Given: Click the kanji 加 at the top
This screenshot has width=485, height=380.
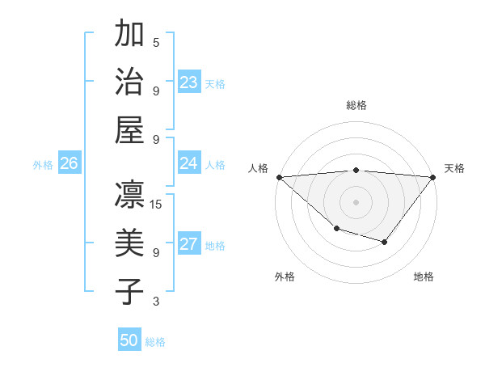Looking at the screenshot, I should pyautogui.click(x=130, y=35).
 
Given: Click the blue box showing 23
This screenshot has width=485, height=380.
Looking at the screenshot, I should pyautogui.click(x=189, y=82).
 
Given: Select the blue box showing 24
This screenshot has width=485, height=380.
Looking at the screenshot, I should pyautogui.click(x=189, y=163).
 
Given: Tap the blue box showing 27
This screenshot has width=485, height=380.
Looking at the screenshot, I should pyautogui.click(x=189, y=244).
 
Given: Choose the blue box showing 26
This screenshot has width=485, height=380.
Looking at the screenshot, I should pyautogui.click(x=69, y=163).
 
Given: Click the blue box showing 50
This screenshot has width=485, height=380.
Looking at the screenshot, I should pyautogui.click(x=129, y=340).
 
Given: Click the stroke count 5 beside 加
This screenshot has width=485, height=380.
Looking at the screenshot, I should pyautogui.click(x=156, y=42).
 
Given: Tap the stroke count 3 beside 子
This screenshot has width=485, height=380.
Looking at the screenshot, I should pyautogui.click(x=156, y=302).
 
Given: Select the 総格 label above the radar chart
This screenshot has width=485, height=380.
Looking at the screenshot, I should pyautogui.click(x=356, y=105).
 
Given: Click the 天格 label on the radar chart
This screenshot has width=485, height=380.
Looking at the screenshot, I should pyautogui.click(x=455, y=168).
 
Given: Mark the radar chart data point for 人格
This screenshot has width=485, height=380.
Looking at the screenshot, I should pyautogui.click(x=278, y=177).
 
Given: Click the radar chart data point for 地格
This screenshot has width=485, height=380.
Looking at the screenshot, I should pyautogui.click(x=385, y=242).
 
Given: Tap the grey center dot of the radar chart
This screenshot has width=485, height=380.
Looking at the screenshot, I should pyautogui.click(x=356, y=201).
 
